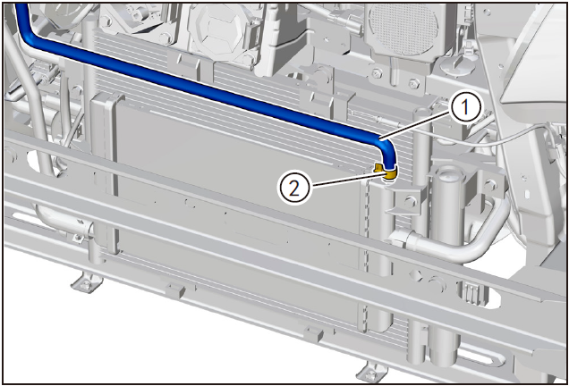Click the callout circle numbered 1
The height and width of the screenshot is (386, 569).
pos(465,107)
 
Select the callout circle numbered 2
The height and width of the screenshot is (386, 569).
pos(293,189)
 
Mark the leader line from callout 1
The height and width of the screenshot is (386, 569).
pos(416,125)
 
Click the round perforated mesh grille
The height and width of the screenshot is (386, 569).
pos(403,29)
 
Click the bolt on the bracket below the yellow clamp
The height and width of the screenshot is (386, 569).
pos(411,201)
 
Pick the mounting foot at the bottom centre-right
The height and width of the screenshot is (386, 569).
pos(371,373)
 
